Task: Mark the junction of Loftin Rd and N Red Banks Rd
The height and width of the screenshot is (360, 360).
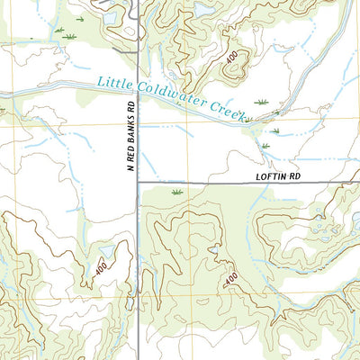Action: pyautogui.click(x=137, y=184)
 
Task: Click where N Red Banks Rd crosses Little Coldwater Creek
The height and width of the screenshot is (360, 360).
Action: pyautogui.click(x=137, y=88)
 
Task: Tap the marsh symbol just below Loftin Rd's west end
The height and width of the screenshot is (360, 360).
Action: pyautogui.click(x=175, y=192)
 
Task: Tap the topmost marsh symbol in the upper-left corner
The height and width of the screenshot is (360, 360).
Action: pyautogui.click(x=80, y=18)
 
